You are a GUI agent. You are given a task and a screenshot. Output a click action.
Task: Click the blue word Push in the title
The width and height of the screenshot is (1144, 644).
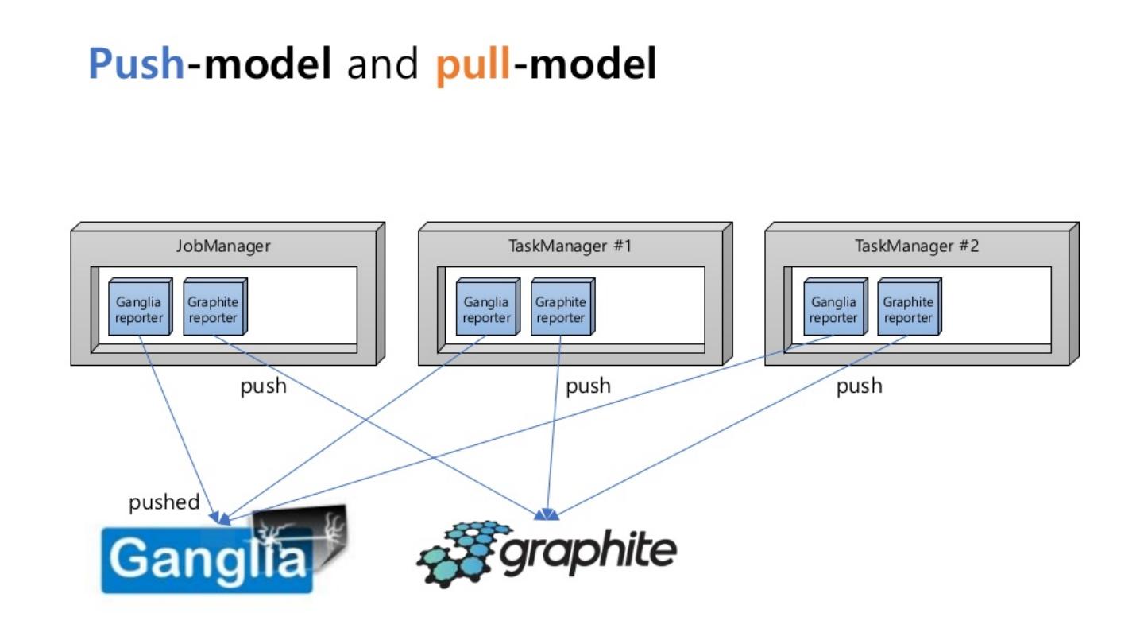(136, 64)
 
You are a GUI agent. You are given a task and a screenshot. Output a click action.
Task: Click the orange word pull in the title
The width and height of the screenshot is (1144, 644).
(473, 64)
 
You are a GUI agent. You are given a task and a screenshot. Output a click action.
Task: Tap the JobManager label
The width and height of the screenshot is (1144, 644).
(223, 246)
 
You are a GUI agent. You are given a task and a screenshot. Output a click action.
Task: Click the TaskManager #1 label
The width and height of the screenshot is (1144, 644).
(570, 246)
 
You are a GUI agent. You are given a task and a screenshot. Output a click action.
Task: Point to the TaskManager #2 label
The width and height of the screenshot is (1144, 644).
(917, 246)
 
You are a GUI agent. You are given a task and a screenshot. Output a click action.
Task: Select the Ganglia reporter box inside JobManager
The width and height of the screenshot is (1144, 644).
(139, 309)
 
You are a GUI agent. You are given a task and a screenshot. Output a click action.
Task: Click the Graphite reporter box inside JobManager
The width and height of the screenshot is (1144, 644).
(213, 309)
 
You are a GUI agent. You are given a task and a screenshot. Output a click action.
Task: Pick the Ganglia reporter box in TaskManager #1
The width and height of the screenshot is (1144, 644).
(486, 309)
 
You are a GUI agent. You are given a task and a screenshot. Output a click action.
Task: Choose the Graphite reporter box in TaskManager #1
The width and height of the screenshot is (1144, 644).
(561, 309)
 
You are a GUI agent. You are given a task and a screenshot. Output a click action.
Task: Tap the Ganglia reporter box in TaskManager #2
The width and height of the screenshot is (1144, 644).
(833, 309)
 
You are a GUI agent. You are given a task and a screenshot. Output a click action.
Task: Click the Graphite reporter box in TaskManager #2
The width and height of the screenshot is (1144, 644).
(908, 309)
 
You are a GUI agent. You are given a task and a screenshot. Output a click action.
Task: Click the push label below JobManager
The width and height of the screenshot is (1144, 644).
(263, 386)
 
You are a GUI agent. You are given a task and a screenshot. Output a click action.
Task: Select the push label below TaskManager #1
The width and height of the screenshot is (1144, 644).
(588, 386)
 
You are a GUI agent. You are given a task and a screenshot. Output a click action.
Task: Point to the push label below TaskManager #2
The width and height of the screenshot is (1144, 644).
(859, 386)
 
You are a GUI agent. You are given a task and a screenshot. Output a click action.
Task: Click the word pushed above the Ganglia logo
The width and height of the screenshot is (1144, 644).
(164, 502)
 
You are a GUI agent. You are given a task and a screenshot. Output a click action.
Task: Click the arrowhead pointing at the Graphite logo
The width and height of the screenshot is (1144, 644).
(546, 515)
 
